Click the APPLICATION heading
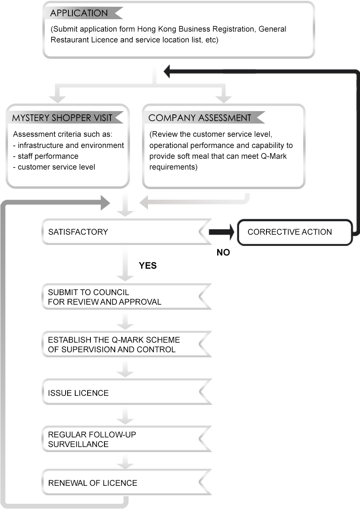(x=79, y=13)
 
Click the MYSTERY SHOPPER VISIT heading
(x=62, y=118)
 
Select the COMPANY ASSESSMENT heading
(x=200, y=118)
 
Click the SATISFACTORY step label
(x=78, y=232)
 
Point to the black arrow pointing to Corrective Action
(x=220, y=232)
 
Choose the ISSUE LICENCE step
(x=78, y=393)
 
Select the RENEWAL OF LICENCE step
(x=92, y=483)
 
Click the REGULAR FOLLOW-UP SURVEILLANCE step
(x=92, y=439)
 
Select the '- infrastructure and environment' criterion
(x=68, y=145)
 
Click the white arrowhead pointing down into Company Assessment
(x=224, y=98)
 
